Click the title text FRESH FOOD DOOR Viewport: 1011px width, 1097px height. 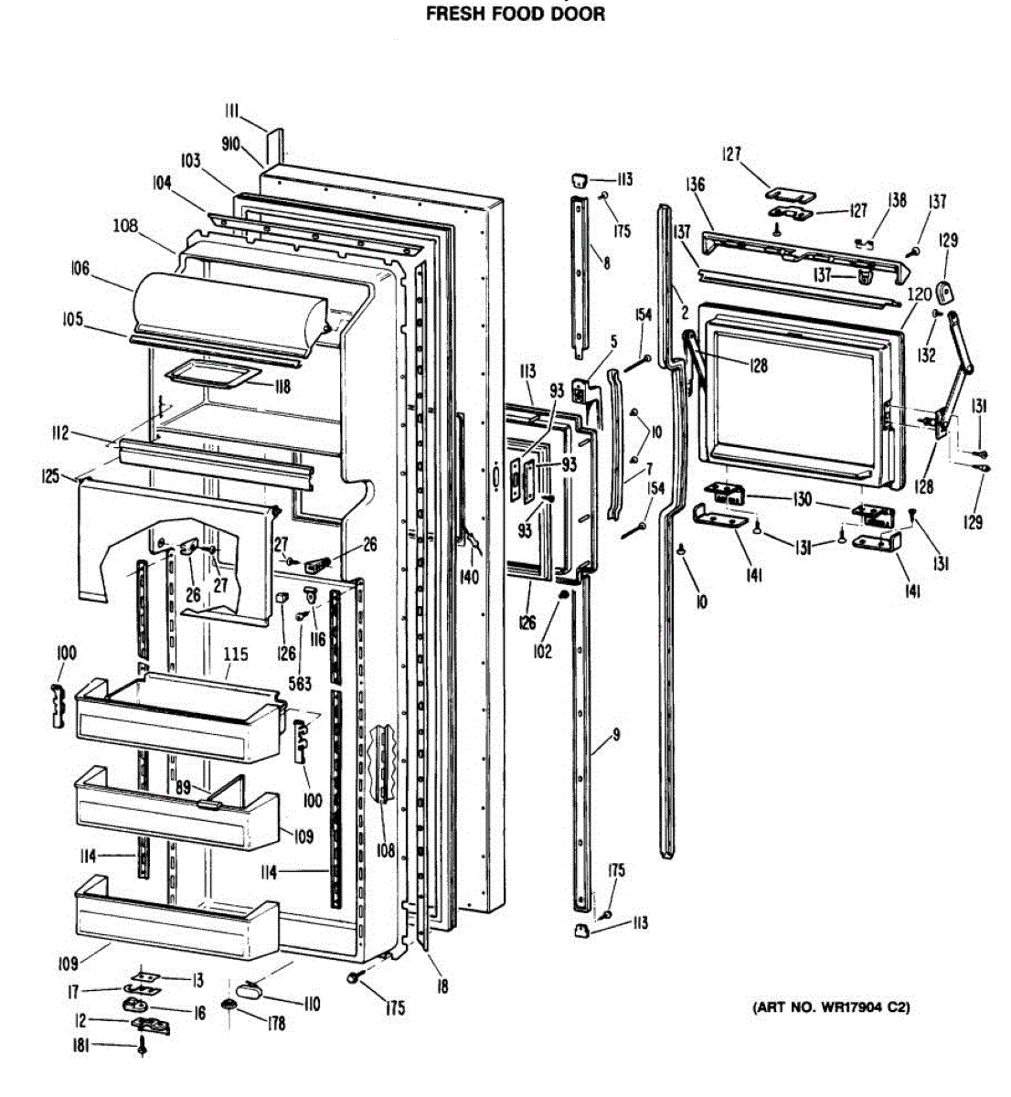516,14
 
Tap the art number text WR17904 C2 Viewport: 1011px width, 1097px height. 831,1008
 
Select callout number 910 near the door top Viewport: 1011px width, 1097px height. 230,144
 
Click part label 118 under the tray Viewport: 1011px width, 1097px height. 281,387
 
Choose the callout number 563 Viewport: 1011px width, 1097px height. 299,683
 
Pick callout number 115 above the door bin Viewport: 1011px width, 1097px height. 235,655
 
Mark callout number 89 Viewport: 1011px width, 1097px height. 183,786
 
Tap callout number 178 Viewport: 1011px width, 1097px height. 275,1023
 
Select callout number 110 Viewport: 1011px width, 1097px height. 311,1004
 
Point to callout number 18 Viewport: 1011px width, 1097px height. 442,986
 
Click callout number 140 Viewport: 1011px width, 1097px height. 469,576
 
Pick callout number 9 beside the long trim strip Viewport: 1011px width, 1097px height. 616,734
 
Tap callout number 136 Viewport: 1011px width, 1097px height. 696,185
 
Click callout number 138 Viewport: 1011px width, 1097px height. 898,200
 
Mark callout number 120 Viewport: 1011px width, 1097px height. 920,293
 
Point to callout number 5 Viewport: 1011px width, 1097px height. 613,341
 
